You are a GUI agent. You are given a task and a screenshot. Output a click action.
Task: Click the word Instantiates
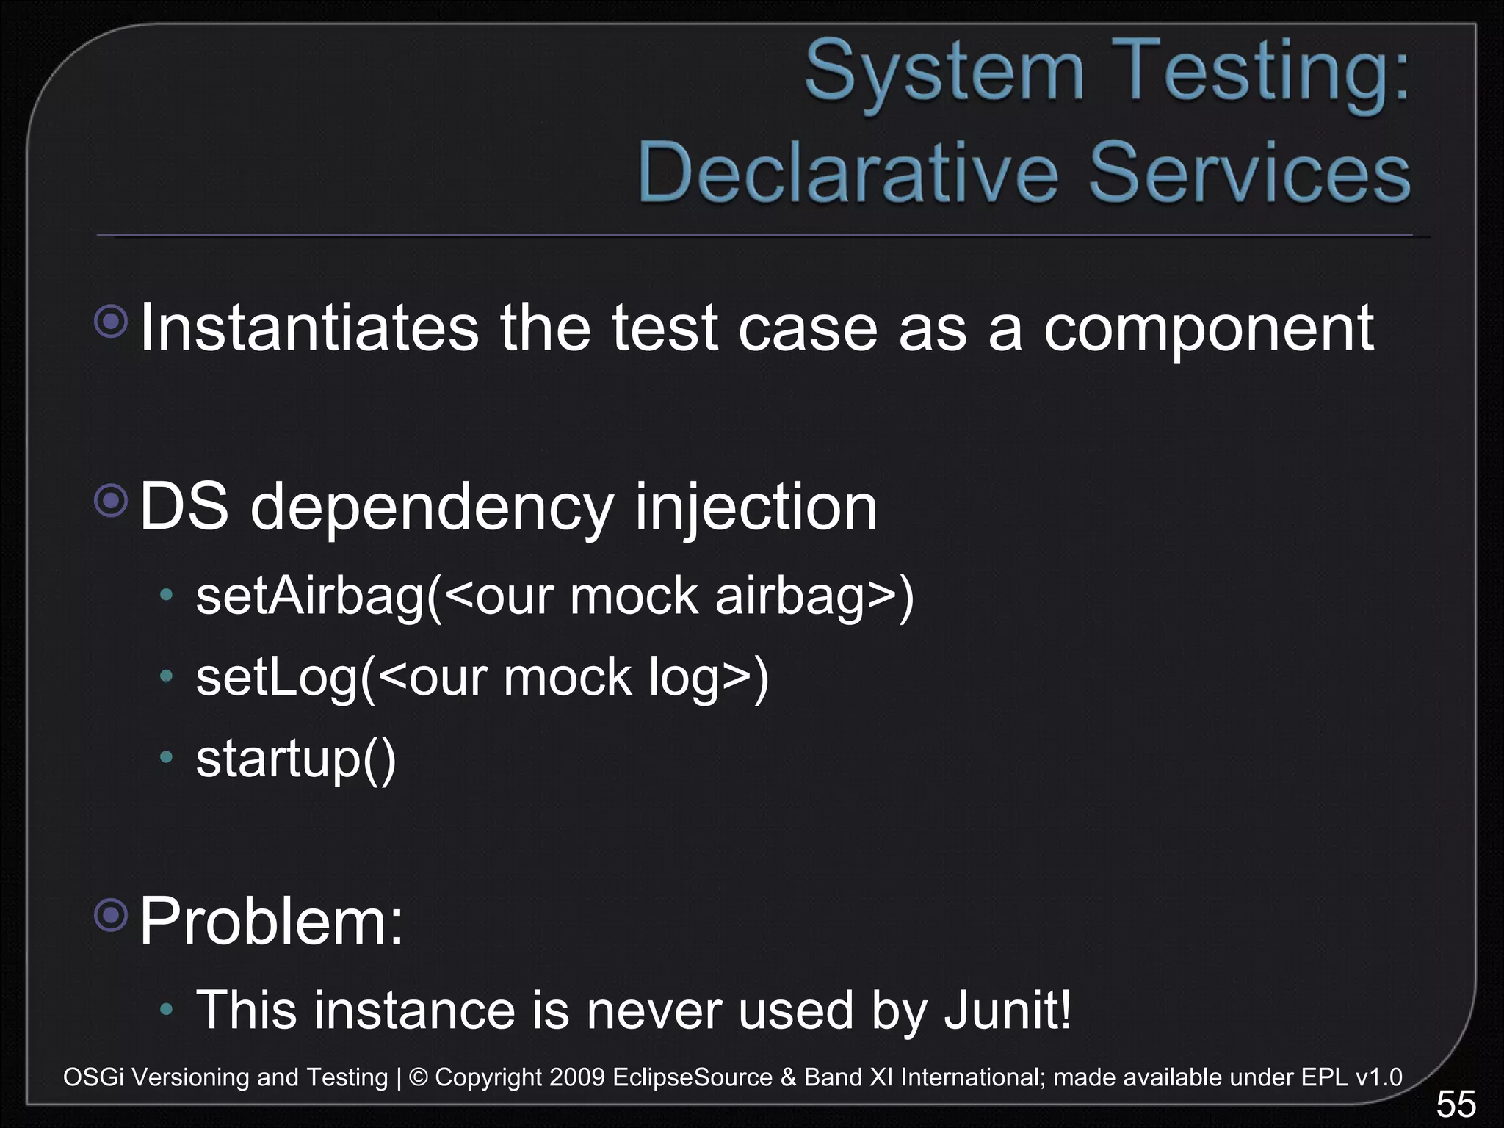tap(309, 328)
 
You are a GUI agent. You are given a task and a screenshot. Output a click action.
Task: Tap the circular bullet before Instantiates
tap(112, 321)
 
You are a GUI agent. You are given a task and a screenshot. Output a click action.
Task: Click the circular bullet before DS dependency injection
tap(112, 502)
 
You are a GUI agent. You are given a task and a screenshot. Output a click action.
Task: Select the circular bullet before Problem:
tap(112, 915)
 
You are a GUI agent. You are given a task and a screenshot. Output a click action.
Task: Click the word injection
tap(756, 508)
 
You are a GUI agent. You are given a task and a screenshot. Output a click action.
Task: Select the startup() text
tap(296, 759)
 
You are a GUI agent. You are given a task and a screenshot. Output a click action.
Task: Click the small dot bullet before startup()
tap(167, 756)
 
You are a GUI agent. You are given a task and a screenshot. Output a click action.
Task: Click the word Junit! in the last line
tap(1008, 1010)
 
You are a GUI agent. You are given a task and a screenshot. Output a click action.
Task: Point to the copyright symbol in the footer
tap(418, 1077)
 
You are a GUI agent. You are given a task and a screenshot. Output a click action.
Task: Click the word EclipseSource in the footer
tap(692, 1077)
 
